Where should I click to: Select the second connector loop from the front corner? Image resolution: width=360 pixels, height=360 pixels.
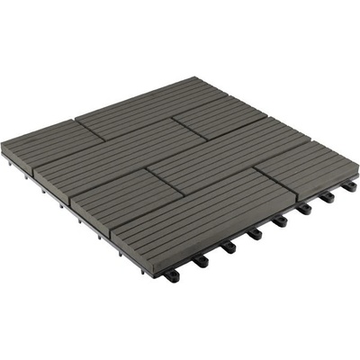[201, 261]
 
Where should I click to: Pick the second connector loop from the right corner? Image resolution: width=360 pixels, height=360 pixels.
[326, 196]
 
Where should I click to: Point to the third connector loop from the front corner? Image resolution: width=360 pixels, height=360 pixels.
[229, 246]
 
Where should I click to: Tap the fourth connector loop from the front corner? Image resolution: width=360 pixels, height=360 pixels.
[256, 232]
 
